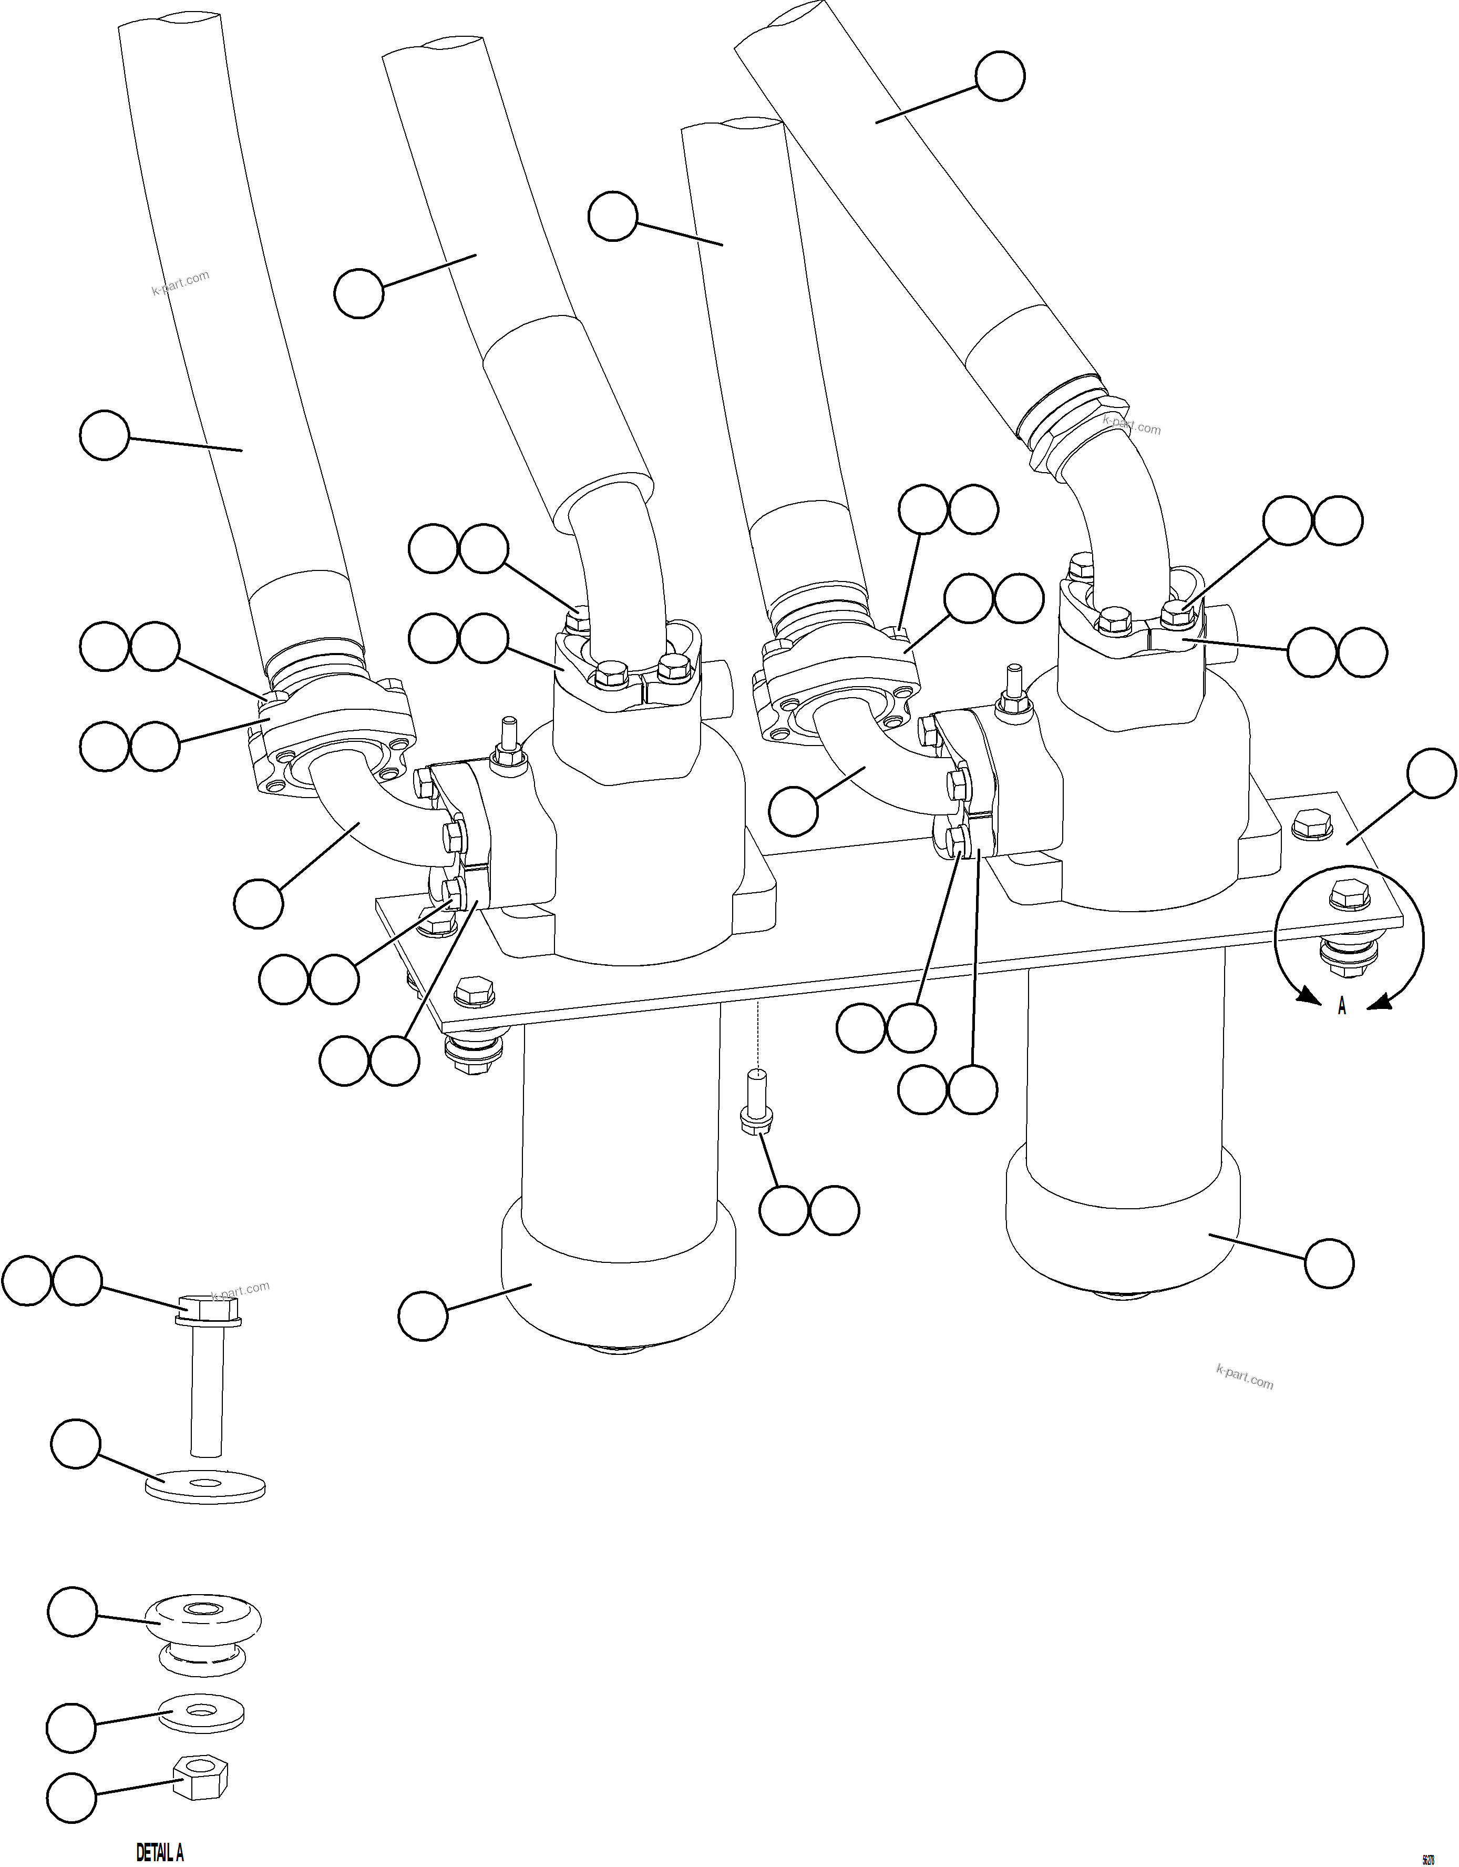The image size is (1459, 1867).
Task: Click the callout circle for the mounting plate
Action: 1431,773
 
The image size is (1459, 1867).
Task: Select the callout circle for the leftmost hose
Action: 104,435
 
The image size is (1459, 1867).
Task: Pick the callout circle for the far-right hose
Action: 1000,77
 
